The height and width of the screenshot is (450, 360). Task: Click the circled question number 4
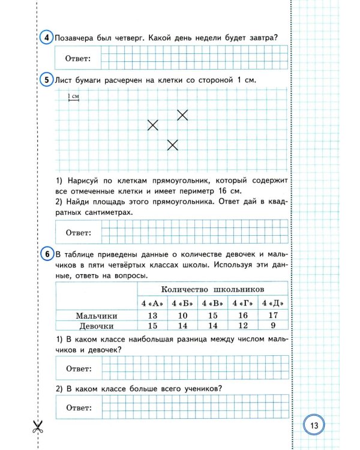47,37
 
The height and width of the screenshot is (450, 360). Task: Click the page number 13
315,425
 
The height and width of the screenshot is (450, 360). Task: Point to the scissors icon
38,427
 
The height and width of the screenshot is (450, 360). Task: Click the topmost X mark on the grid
182,115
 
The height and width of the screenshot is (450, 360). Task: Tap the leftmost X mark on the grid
153,125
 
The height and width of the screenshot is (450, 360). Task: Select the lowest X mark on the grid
173,145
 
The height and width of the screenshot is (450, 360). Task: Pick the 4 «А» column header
152,302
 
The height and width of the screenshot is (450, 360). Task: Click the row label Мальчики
96,316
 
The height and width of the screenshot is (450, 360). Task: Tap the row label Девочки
97,326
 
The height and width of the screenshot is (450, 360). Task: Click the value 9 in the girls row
272,326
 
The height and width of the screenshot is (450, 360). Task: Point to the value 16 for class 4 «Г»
242,316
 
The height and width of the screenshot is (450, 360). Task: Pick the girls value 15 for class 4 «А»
152,326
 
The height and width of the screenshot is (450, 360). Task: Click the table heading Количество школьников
213,289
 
